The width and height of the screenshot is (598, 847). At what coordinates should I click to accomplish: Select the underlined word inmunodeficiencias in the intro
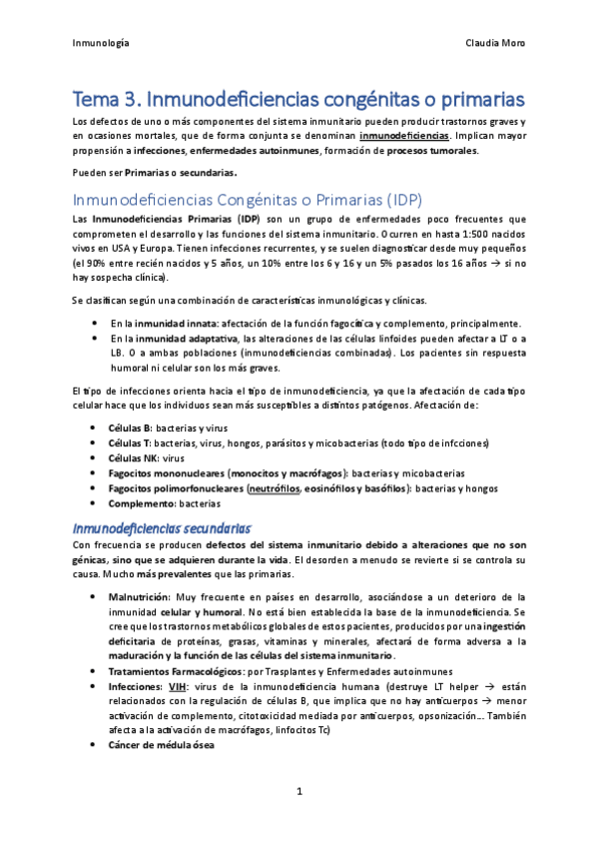[x=403, y=134]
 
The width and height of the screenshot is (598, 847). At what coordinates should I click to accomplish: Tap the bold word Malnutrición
[x=143, y=596]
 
